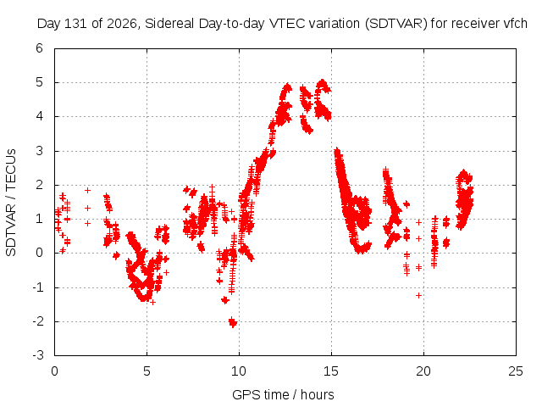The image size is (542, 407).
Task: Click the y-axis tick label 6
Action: [x=40, y=48]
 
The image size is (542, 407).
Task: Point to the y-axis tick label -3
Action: [x=38, y=355]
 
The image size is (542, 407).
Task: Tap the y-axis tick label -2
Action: [x=38, y=321]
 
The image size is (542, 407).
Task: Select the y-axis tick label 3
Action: [x=40, y=151]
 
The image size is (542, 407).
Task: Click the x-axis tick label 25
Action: [x=516, y=371]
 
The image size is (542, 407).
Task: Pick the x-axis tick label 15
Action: [x=331, y=371]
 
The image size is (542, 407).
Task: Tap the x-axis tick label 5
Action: [x=147, y=371]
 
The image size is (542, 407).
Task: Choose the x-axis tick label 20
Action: [x=423, y=371]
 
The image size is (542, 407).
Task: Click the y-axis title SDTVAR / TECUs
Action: [x=11, y=203]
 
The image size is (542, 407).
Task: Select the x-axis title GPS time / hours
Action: [x=283, y=394]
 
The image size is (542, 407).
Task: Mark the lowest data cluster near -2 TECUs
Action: [x=233, y=322]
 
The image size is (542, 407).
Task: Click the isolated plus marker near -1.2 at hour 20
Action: [x=418, y=296]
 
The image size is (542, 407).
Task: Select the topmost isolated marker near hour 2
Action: [x=88, y=190]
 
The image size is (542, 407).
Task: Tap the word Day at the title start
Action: [x=48, y=24]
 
